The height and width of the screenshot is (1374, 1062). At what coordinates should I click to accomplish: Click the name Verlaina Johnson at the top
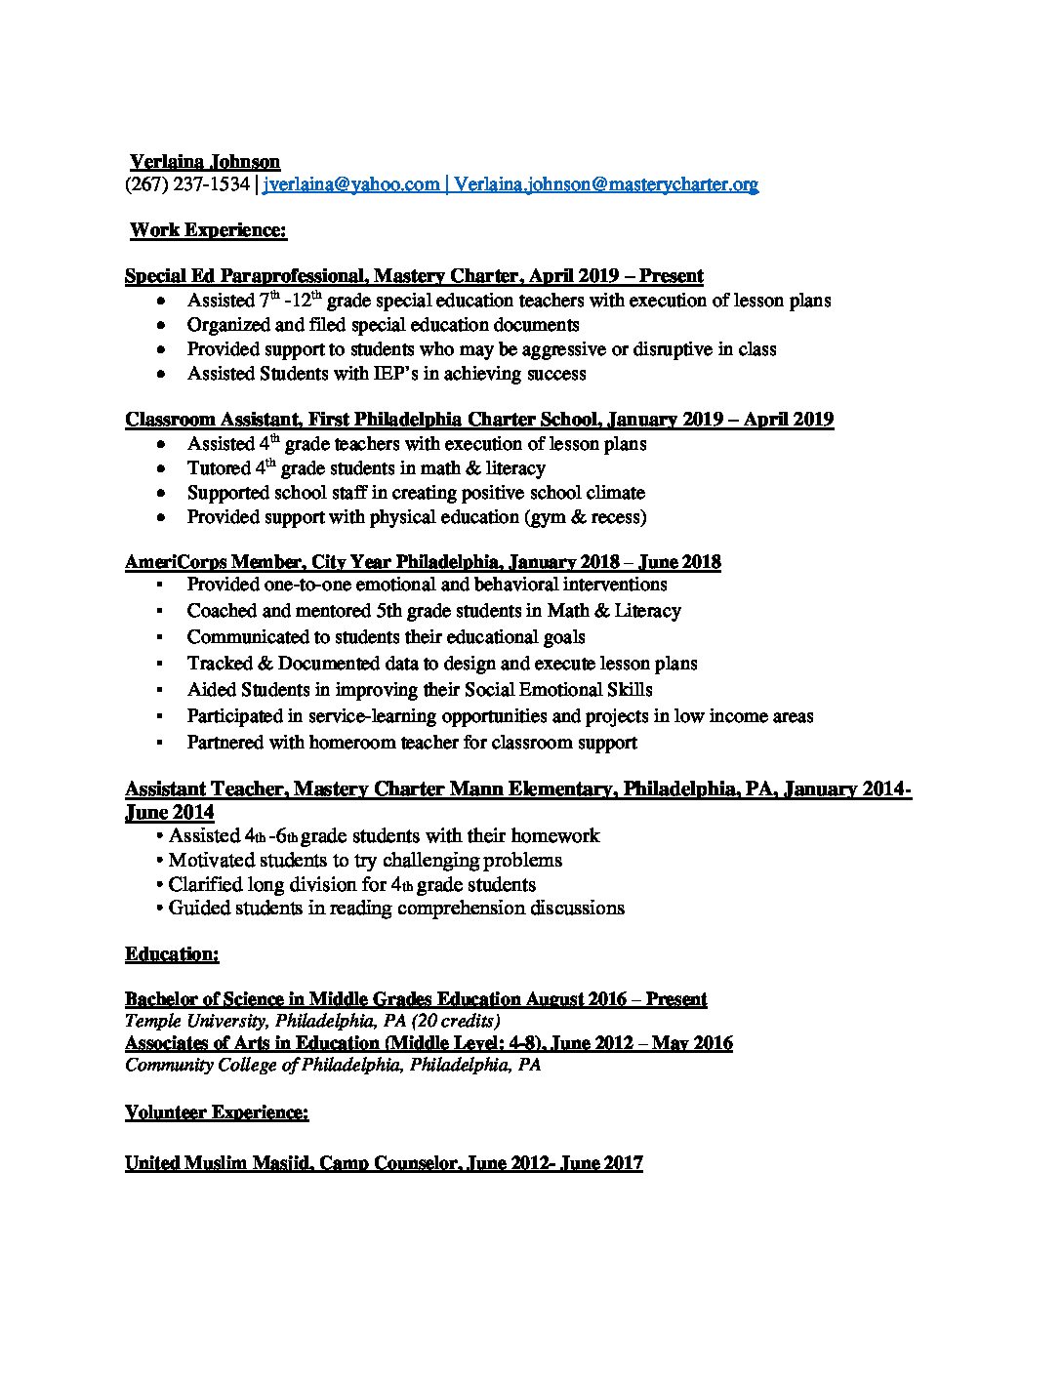(x=205, y=162)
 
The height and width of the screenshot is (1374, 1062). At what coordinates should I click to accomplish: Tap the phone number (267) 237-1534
(x=187, y=183)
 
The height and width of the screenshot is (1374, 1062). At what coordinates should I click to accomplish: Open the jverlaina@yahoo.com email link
(x=351, y=183)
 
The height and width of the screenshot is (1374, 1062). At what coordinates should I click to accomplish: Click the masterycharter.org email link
(x=605, y=183)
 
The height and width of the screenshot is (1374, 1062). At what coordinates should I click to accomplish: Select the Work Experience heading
(x=208, y=230)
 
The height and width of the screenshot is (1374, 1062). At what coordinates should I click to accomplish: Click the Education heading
(x=172, y=953)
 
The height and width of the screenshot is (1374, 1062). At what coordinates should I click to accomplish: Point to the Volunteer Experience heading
(x=217, y=1111)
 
